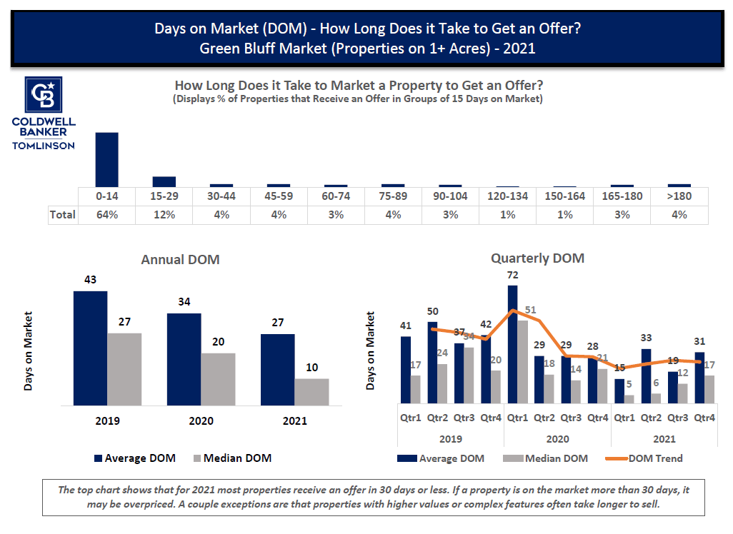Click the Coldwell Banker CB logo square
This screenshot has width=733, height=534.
click(x=44, y=94)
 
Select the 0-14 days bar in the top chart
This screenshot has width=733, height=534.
click(x=106, y=159)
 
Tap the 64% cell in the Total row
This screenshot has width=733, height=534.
click(x=106, y=214)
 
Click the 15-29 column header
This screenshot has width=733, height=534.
click(x=164, y=196)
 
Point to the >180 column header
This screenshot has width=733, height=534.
click(x=679, y=196)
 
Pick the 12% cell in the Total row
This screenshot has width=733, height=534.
click(x=164, y=214)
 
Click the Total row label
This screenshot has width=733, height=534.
click(x=62, y=214)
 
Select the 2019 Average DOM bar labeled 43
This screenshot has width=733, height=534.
click(x=90, y=348)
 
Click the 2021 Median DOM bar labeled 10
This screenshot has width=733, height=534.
click(x=311, y=391)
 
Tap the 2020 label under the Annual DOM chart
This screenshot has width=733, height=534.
click(x=201, y=420)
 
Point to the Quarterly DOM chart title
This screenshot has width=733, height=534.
click(x=537, y=258)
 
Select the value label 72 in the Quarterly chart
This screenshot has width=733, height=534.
click(x=512, y=275)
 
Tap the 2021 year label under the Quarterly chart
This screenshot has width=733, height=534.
click(x=664, y=439)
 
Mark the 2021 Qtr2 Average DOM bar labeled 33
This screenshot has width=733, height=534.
click(x=647, y=376)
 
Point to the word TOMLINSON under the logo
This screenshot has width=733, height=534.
click(x=44, y=145)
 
